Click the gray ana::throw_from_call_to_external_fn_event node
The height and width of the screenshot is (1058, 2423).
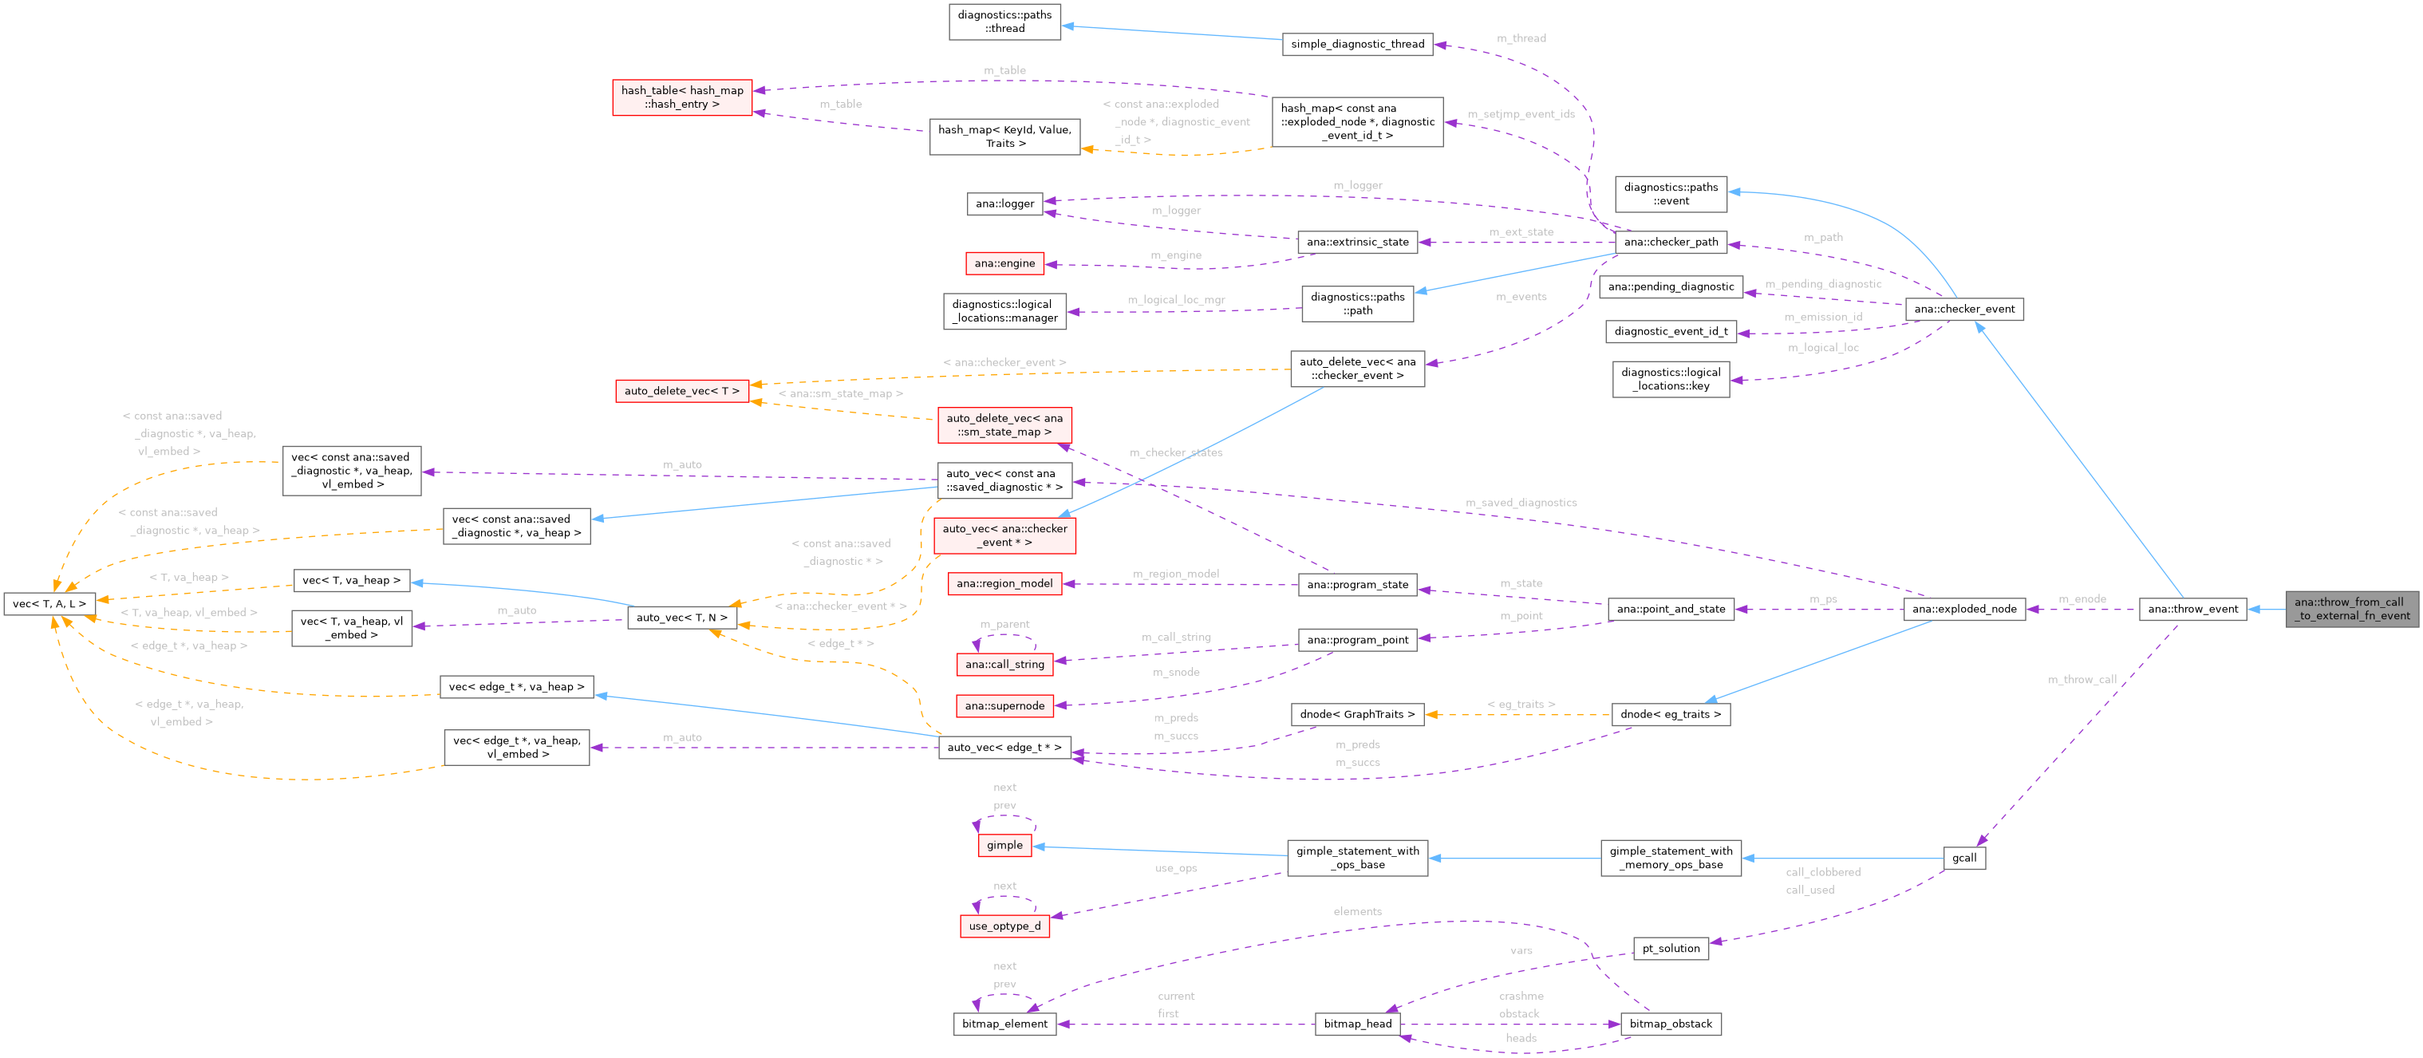2350,609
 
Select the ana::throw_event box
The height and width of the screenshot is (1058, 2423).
2192,609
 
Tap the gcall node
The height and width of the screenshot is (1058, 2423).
1964,858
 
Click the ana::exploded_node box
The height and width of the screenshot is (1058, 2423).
1964,609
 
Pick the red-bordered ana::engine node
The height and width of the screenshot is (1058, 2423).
1004,263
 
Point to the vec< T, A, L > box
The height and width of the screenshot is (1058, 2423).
49,604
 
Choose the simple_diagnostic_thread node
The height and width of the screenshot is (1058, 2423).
1356,44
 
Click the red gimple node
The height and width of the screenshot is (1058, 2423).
1004,846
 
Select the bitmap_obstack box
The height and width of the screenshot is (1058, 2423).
1670,1024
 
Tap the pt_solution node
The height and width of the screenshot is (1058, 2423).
1671,948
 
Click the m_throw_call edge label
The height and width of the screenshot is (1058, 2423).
2082,680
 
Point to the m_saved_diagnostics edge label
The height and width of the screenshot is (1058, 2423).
1520,503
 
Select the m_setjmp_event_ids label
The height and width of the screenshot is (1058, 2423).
1521,115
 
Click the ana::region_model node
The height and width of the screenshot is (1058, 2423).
1004,583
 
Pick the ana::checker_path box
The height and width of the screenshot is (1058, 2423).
1671,242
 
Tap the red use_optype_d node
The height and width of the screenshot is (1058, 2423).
1004,926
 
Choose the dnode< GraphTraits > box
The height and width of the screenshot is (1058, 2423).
1356,715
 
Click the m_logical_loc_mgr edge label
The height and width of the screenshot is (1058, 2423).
1176,300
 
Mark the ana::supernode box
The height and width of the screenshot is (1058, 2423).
1004,705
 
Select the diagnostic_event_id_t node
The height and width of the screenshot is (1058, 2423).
1671,331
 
